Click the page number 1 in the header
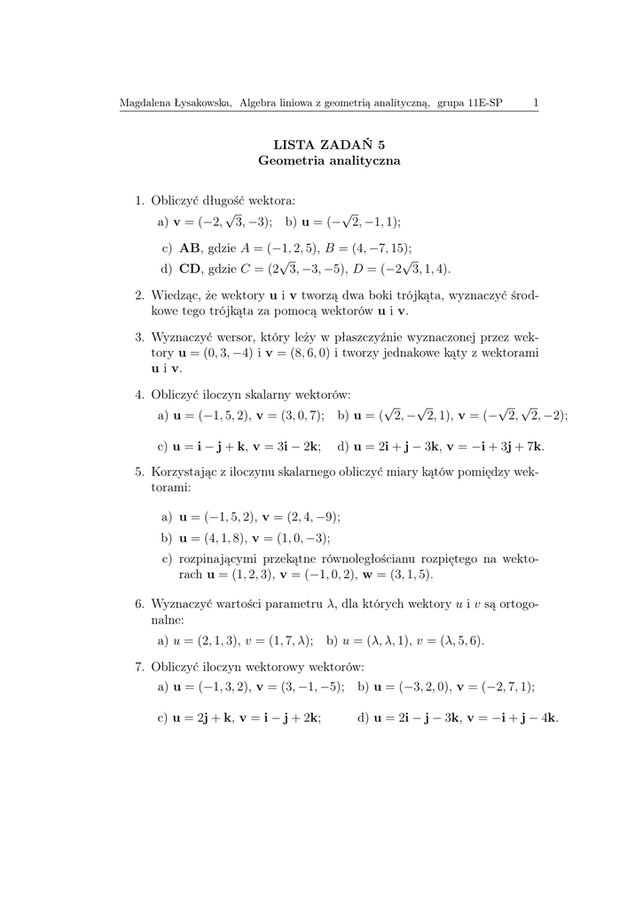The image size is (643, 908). pos(536,103)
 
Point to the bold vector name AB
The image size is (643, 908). pos(191,249)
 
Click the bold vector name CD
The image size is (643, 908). pos(191,269)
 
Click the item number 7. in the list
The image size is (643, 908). pos(139,668)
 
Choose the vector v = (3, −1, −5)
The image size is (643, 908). pos(299,687)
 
